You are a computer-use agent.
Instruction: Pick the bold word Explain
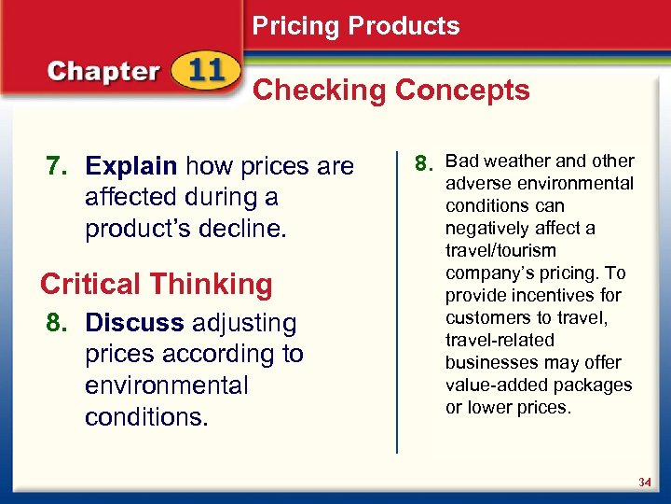[x=130, y=167]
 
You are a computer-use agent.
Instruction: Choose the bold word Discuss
[x=134, y=324]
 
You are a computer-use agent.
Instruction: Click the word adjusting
[x=243, y=324]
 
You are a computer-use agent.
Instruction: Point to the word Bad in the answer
[x=463, y=161]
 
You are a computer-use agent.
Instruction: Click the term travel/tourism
[x=500, y=250]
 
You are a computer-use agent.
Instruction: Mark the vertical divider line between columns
[x=399, y=299]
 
